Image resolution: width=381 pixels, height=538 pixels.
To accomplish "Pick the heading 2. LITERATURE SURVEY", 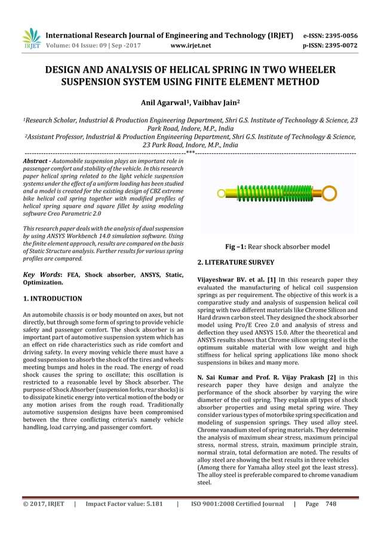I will coord(236,262).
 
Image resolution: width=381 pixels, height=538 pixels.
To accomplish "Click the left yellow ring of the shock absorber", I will coord(221,193).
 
